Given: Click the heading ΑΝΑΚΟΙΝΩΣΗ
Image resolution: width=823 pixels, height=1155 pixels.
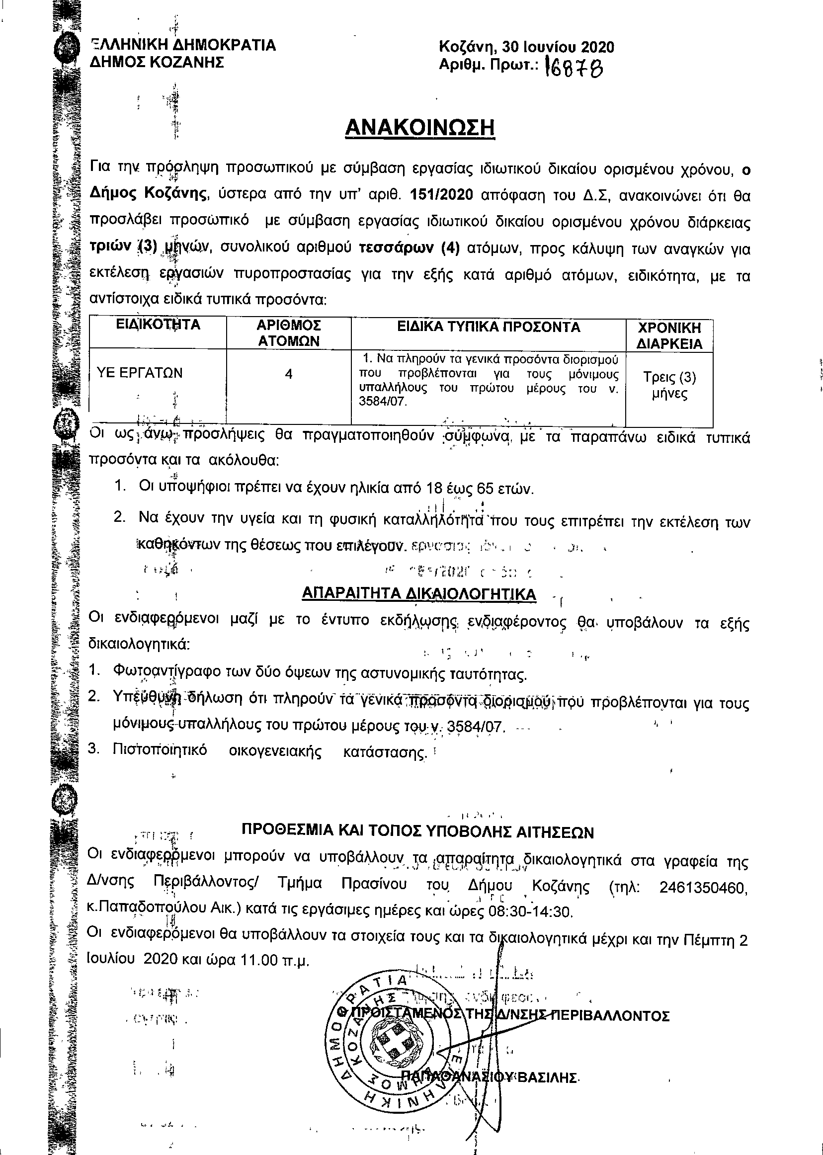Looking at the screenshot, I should tap(419, 128).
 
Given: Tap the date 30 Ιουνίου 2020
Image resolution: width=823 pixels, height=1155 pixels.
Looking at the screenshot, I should tap(558, 47).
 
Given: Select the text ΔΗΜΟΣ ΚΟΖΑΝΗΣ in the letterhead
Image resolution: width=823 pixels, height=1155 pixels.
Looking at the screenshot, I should tap(157, 62).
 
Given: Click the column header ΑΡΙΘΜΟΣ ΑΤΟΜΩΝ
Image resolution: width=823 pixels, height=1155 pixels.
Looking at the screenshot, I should tap(288, 333).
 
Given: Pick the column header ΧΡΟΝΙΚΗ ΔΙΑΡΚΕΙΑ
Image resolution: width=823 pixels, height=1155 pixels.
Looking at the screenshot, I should tap(669, 335).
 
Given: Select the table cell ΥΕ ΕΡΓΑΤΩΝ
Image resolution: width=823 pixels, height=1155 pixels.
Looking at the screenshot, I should tap(139, 374).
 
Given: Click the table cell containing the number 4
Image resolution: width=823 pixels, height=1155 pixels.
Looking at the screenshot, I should tap(288, 375).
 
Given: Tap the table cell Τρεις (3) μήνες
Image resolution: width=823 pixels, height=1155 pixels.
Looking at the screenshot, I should tap(669, 386).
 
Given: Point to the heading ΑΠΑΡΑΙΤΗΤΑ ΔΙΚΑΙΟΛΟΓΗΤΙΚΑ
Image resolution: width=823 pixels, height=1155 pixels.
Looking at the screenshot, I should tap(418, 594).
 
